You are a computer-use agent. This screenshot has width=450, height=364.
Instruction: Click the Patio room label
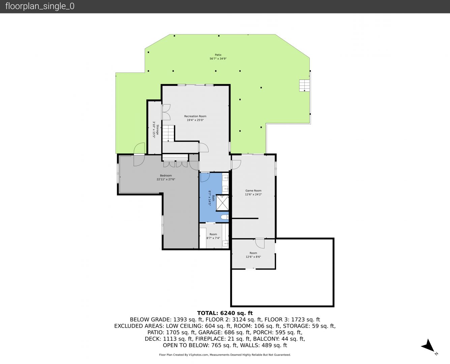tap(218, 55)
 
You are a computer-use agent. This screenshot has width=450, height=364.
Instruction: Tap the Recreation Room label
tap(195, 116)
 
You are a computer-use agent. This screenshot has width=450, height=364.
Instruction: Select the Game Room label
tap(253, 190)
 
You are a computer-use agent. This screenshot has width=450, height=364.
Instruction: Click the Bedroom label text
tap(166, 176)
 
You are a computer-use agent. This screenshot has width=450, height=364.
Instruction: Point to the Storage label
tap(158, 129)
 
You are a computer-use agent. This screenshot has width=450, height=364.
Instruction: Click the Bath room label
tap(213, 198)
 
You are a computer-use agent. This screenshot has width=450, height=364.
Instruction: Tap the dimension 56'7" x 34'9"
tap(218, 59)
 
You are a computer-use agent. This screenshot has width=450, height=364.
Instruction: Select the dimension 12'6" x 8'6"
tap(253, 257)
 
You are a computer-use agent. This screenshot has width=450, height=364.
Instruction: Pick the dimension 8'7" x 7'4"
tap(213, 238)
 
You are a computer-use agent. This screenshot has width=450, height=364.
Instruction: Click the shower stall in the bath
tap(222, 203)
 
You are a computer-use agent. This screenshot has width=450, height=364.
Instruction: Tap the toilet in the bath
tap(224, 217)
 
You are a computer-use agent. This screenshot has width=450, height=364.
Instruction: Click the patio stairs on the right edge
tap(304, 86)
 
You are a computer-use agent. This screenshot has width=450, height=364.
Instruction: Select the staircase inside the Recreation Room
tap(169, 133)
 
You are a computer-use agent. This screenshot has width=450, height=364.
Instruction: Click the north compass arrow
tap(428, 346)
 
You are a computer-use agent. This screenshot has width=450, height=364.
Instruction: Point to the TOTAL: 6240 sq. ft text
tap(225, 313)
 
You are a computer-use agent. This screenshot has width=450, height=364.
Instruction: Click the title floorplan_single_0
tap(40, 6)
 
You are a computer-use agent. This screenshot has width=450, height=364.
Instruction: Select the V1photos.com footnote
tap(225, 355)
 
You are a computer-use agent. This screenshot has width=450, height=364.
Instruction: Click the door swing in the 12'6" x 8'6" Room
tap(260, 243)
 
